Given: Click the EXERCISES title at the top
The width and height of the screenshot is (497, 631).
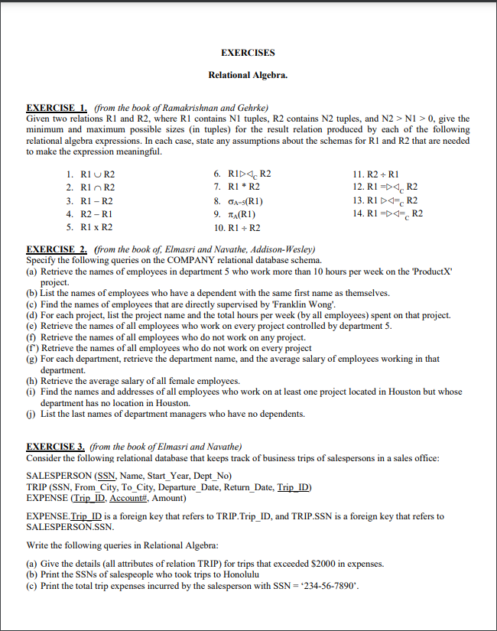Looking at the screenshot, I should coord(248,53).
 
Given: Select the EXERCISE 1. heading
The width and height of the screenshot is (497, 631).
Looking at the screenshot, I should coord(57,107).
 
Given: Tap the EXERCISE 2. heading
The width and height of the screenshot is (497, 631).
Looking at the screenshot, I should coord(57,249).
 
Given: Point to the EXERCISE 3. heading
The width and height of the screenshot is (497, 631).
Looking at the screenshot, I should coord(57,446).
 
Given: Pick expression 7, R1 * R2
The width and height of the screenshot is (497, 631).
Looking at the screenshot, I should coord(237,187).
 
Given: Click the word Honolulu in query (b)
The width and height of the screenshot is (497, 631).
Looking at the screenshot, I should coord(218,574).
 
